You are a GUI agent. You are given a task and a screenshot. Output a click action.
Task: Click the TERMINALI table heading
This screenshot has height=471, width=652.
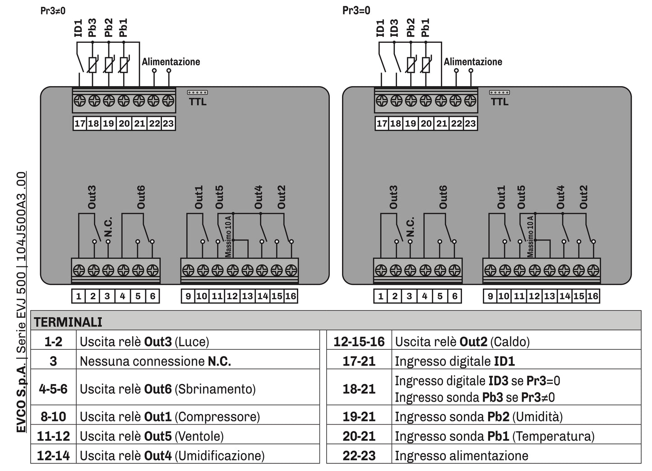point(68,322)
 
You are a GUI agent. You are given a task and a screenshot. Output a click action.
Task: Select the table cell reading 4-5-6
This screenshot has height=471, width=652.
point(53,389)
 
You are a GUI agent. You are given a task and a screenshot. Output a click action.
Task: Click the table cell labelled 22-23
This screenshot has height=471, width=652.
point(359,456)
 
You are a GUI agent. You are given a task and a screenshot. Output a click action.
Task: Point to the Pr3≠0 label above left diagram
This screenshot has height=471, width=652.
point(53,11)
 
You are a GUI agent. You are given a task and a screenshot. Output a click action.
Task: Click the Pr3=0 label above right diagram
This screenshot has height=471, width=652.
point(356,10)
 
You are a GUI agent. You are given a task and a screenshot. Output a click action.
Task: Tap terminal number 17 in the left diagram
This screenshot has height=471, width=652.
point(80,123)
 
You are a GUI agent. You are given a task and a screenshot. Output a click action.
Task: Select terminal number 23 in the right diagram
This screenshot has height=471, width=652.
point(470,123)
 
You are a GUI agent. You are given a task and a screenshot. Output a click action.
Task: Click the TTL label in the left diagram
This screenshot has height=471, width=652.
point(198,102)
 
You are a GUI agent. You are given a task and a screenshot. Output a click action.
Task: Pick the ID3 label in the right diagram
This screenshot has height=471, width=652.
point(394,28)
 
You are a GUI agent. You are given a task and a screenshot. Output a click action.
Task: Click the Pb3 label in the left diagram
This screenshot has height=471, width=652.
point(92,28)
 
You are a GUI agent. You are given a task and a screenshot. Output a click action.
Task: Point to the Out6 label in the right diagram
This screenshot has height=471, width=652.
point(443,197)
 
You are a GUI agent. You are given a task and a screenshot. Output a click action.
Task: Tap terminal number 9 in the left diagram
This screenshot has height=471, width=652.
point(188,296)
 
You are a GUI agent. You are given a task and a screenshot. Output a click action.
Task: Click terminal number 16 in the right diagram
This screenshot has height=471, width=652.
point(592,296)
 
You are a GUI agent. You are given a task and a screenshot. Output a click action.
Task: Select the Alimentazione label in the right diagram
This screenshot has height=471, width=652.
point(473,62)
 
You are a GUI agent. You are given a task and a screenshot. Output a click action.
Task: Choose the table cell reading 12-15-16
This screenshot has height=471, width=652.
point(359,342)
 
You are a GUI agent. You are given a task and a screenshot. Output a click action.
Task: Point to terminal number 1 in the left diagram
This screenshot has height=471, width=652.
point(79,296)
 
